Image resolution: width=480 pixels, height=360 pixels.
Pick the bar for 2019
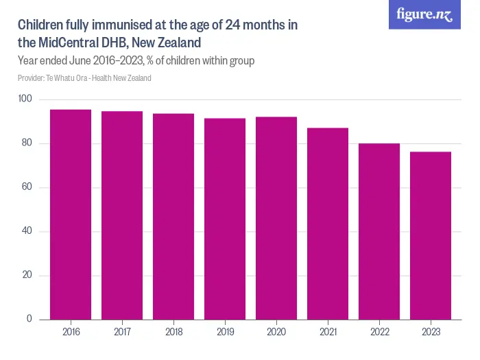pos(225,219)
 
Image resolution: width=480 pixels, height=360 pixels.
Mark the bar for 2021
pos(328,224)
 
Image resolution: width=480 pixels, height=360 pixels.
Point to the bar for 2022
pos(379,231)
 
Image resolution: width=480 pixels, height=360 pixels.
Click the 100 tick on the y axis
pos(25,99)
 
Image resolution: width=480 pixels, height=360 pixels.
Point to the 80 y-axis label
pos(27,143)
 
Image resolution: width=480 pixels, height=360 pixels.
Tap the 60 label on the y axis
pos(27,187)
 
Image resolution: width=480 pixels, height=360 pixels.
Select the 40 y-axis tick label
pos(27,231)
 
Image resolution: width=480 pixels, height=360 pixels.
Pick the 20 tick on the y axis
pos(27,275)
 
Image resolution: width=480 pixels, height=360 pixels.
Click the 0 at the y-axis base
pos(29,319)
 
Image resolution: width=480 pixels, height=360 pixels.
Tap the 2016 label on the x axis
pos(71,332)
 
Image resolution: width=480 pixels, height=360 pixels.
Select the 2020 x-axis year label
pos(276,332)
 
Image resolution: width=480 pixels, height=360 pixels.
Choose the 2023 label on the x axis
pos(431,332)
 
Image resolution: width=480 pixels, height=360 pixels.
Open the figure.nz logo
pos(424,14)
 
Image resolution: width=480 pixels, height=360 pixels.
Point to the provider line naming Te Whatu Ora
pos(84,77)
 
